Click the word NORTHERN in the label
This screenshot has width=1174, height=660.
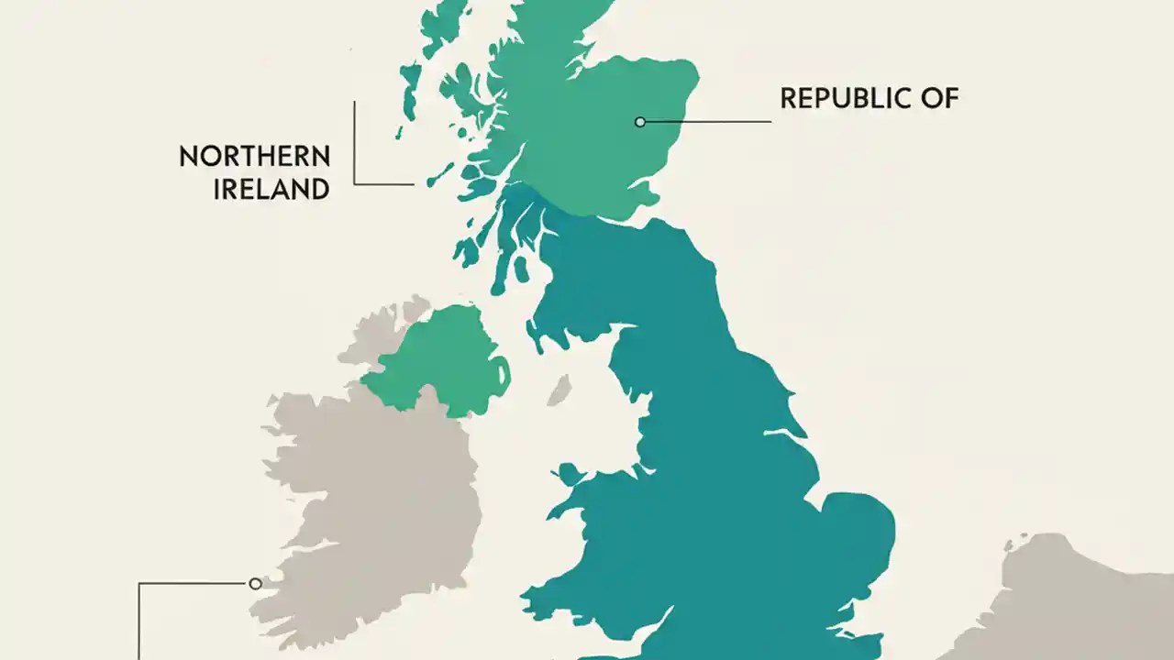pyautogui.click(x=254, y=156)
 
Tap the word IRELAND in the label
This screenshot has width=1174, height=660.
pyautogui.click(x=271, y=189)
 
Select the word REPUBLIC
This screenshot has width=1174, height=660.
pyautogui.click(x=837, y=98)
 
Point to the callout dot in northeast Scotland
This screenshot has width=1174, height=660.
pyautogui.click(x=640, y=121)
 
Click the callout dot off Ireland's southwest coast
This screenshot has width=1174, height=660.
pyautogui.click(x=255, y=583)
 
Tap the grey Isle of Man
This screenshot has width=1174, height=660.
pyautogui.click(x=559, y=389)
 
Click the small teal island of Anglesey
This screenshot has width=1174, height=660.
pyautogui.click(x=570, y=474)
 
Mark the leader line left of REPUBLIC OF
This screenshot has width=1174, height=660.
pyautogui.click(x=706, y=121)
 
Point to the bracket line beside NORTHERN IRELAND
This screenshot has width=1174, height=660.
pyautogui.click(x=355, y=147)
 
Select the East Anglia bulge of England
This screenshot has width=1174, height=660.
pyautogui.click(x=858, y=532)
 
